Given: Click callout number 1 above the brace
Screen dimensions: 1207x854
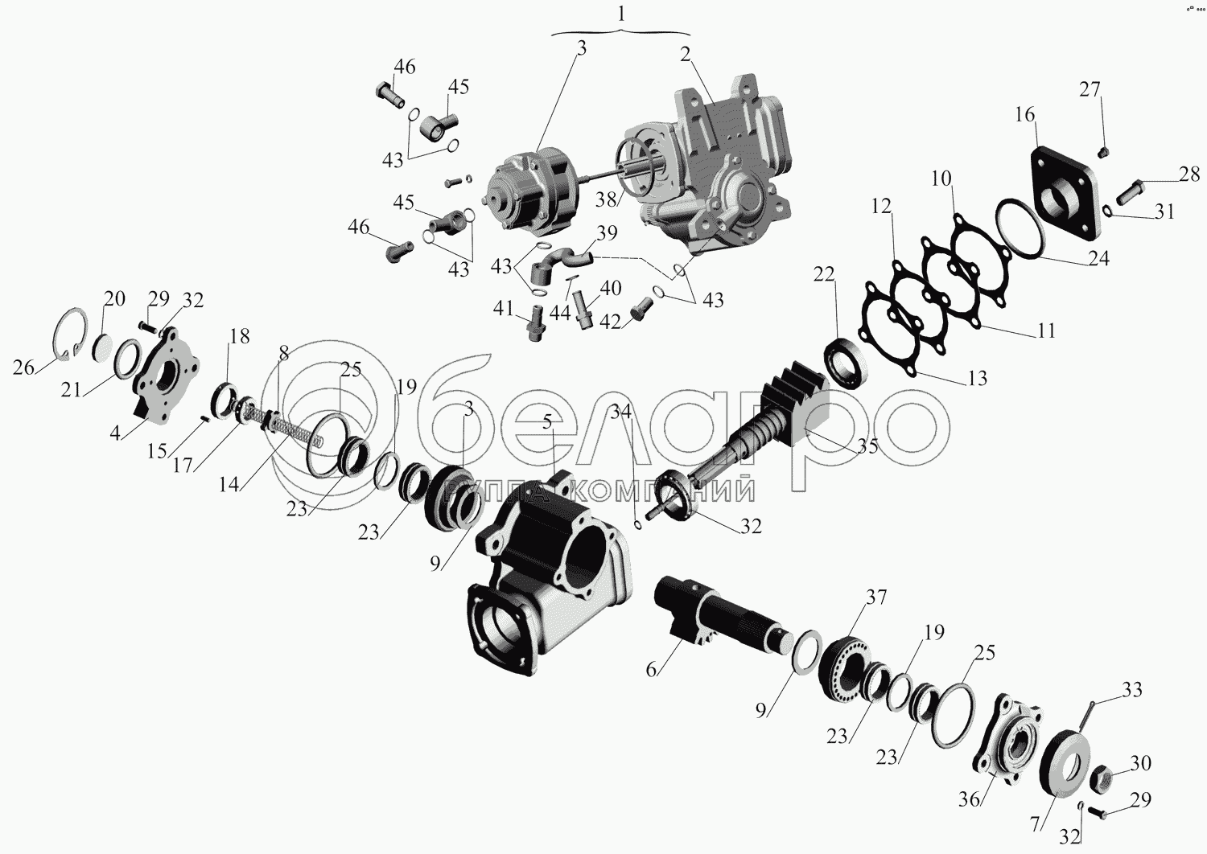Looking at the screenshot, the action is point(622,14).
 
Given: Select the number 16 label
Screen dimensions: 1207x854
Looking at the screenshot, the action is point(1025,114).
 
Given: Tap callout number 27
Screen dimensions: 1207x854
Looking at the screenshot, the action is point(1090,89).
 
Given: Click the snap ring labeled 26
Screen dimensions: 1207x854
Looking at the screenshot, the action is point(70,335).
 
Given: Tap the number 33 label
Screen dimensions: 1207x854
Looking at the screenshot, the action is point(1132,690).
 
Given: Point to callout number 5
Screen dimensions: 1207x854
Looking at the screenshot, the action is point(547,422).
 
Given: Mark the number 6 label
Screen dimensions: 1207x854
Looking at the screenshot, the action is point(652,670).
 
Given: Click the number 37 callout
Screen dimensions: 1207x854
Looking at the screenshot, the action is point(876,597).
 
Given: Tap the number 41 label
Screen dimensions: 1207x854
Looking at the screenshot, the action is point(503,309).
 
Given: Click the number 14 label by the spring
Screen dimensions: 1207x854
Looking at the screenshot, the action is point(229,484).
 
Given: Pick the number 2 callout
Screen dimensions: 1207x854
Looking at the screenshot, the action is point(685,55).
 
